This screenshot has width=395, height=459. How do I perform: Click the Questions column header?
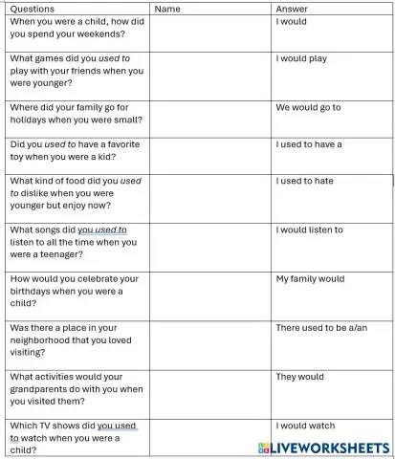[32, 9]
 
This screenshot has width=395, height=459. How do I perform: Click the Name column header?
[167, 9]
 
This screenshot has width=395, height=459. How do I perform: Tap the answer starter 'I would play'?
[301, 58]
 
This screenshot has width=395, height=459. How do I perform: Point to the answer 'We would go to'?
[308, 107]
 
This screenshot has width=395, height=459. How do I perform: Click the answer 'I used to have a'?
[309, 144]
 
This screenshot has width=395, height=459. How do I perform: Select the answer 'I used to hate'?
[305, 181]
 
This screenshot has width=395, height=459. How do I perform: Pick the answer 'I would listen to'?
[310, 229]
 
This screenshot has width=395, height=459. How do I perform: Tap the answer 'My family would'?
[310, 279]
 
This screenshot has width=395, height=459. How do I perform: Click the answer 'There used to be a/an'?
[321, 328]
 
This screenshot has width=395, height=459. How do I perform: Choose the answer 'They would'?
[299, 377]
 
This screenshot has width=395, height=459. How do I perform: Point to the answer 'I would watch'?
[306, 426]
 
